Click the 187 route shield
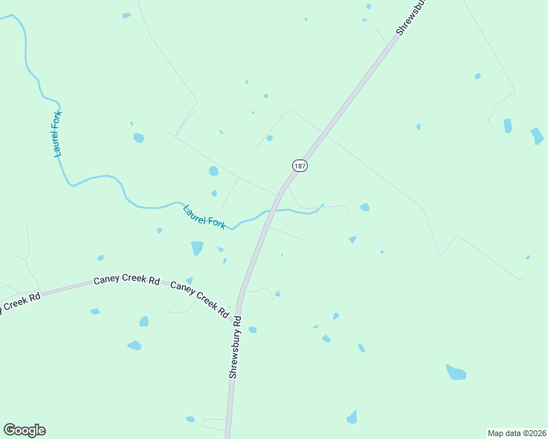299,166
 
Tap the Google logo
24,430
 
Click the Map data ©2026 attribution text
516,432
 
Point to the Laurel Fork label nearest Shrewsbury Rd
204,217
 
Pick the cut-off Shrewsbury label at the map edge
411,16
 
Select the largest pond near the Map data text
456,372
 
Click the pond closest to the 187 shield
270,138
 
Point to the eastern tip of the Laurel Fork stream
323,204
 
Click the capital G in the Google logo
10,430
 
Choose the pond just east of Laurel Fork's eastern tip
365,207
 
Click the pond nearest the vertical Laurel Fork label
138,138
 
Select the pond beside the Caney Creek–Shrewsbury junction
252,330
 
